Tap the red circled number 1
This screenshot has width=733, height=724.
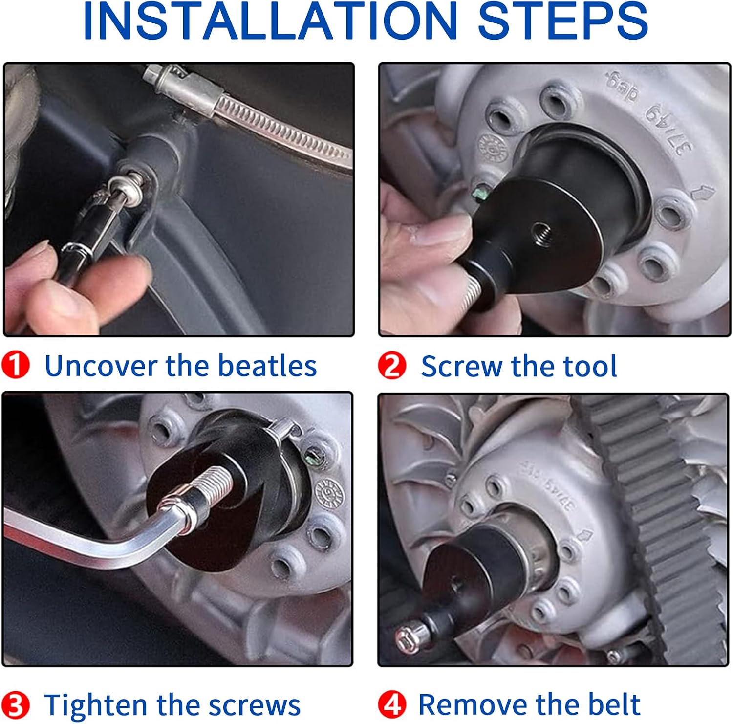pos(15,365)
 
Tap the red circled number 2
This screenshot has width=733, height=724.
pos(392,366)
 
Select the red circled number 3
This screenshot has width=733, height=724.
pos(15,705)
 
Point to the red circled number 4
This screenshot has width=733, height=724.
pos(392,705)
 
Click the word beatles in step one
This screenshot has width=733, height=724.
pos(267,366)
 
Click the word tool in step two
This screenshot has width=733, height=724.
pos(590,366)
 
